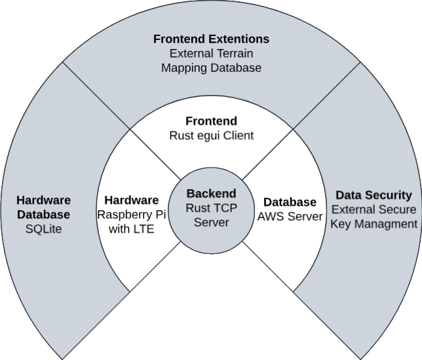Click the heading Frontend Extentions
211,39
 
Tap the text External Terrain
211,54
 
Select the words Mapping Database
211,67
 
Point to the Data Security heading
374,195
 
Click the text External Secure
374,209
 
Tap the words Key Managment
374,224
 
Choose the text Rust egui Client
211,136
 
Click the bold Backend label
211,194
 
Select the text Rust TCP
211,208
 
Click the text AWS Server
290,217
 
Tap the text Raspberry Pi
132,214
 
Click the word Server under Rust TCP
211,223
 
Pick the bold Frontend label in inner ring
211,122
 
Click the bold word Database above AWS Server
290,202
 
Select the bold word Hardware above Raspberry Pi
132,200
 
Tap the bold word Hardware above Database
43,200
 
